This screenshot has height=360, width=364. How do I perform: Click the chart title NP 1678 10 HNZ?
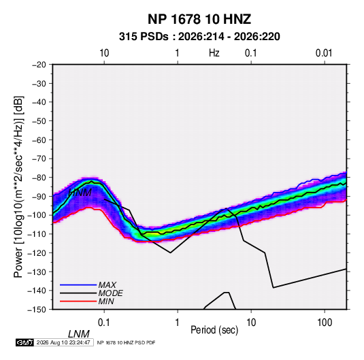coord(199,19)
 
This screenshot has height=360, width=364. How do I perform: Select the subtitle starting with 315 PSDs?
coord(199,37)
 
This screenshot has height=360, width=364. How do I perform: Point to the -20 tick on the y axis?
coord(39,65)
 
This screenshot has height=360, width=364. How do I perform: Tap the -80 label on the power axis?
coord(39,178)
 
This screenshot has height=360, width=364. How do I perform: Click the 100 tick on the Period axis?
coord(325,323)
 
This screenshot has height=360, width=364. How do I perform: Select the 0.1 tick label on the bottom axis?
coord(104,323)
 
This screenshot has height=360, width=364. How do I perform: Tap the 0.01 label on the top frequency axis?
coord(324,53)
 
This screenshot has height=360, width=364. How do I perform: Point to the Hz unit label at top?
coord(214,53)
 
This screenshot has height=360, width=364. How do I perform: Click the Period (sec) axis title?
coord(214,330)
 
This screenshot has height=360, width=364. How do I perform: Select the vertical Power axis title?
coord(19,186)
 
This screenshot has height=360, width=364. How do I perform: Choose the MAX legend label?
coord(107,285)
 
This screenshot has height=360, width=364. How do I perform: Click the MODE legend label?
coord(110,293)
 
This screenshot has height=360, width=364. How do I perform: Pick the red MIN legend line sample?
coord(78,301)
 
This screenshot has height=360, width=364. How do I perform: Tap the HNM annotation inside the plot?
coord(80,193)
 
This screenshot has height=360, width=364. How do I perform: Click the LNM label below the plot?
coord(79,334)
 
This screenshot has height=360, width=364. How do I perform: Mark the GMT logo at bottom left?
coord(24,342)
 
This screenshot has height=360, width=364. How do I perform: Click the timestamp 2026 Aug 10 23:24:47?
coord(63,342)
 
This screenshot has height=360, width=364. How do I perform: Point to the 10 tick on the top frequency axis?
coord(104,53)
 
